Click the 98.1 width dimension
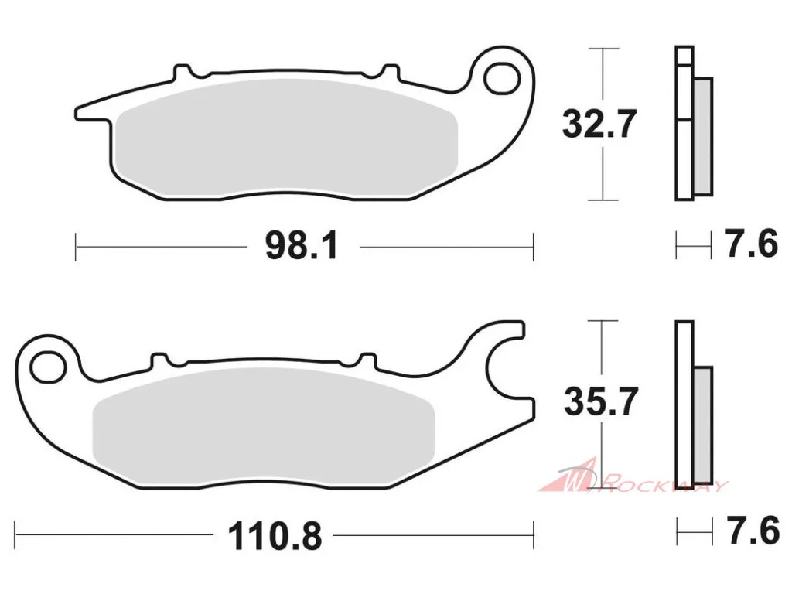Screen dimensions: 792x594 click(302, 246)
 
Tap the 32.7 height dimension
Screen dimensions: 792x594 click(599, 123)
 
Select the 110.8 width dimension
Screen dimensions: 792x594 click(275, 536)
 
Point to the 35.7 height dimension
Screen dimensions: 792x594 click(600, 401)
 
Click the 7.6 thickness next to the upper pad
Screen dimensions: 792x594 click(752, 244)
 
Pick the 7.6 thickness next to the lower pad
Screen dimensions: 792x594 click(753, 530)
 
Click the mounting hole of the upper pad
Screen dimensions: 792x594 click(501, 78)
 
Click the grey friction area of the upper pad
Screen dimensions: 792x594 click(286, 138)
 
